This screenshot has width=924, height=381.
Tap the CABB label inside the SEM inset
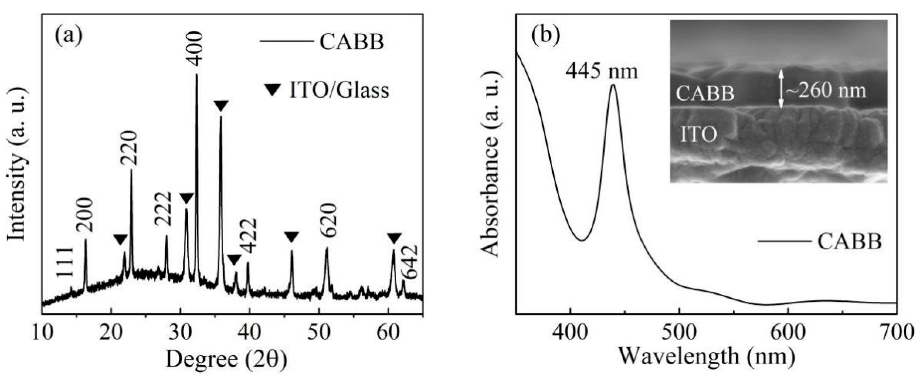705,94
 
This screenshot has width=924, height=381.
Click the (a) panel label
69,36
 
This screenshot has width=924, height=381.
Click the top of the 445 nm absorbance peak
613,85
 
